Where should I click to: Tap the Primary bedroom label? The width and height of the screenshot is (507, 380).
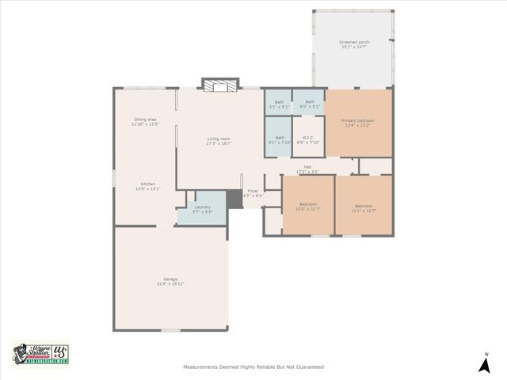click(x=357, y=122)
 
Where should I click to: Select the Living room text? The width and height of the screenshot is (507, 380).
click(x=218, y=140)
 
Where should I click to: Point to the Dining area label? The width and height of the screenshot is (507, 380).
click(x=145, y=121)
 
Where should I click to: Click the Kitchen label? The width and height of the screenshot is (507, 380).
click(x=148, y=186)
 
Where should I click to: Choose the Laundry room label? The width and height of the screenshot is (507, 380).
click(x=202, y=209)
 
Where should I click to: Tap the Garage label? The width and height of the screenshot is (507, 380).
click(x=170, y=280)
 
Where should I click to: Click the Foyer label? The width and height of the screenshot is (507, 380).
click(x=253, y=192)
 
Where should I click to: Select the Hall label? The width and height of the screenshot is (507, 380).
click(x=307, y=169)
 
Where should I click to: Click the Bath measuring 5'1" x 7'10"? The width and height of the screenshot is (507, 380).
click(x=280, y=139)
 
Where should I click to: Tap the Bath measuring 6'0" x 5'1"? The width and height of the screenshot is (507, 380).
click(x=310, y=103)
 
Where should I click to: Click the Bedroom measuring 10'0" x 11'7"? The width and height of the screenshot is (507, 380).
click(x=307, y=207)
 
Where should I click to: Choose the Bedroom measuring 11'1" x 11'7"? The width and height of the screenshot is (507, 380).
click(x=364, y=207)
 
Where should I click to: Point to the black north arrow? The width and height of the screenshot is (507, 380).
click(x=485, y=364)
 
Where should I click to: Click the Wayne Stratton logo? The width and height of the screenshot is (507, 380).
click(x=40, y=353)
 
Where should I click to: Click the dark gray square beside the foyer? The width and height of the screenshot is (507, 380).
click(x=234, y=199)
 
